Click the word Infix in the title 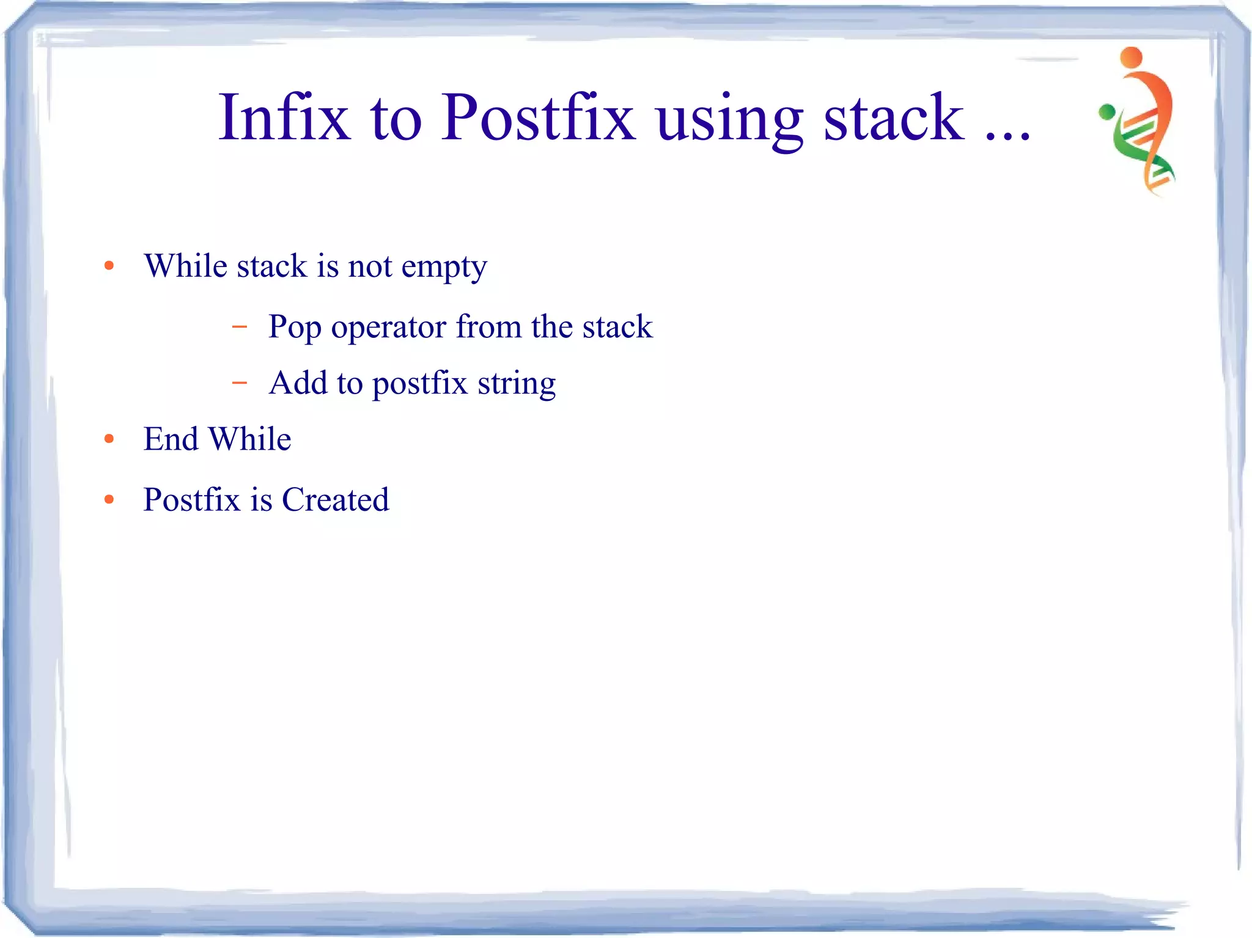[x=284, y=117]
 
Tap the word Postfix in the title [x=538, y=117]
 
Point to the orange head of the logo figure [x=1132, y=57]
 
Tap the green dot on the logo [x=1107, y=112]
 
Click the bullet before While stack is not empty [x=109, y=265]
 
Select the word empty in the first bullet [x=444, y=268]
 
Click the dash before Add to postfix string [x=240, y=383]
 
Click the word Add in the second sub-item [x=298, y=383]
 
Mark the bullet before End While [x=109, y=439]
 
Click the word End [x=171, y=439]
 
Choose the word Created [x=335, y=499]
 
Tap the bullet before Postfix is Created [x=109, y=499]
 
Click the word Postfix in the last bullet [x=191, y=499]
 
